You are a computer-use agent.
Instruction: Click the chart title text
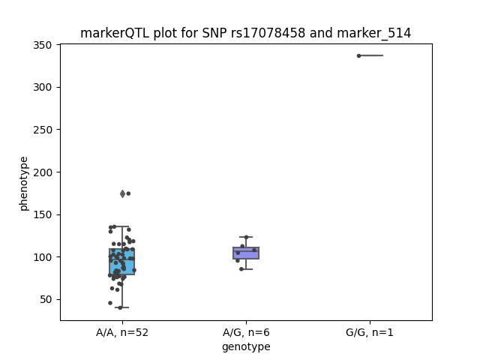coord(245,33)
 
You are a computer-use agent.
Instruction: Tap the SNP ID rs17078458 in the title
coord(268,33)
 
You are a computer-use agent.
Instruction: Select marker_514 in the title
coord(373,33)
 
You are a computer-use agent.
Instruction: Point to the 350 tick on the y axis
coord(43,45)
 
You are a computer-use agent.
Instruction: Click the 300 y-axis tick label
coord(43,88)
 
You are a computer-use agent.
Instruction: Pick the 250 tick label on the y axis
coord(43,130)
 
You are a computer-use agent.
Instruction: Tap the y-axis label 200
coord(43,172)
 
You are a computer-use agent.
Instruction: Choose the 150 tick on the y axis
coord(43,215)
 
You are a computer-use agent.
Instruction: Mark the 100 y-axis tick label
coord(43,257)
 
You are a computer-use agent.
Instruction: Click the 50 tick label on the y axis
coord(46,300)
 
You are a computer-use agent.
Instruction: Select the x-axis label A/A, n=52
coord(122,332)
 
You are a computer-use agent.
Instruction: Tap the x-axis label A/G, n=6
coord(246,332)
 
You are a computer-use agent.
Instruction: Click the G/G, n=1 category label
coord(370,332)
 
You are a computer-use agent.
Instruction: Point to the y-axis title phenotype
coord(23,184)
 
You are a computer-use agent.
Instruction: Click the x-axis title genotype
coord(246,346)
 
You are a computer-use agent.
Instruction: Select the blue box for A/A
coord(122,262)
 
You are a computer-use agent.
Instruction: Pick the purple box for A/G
coord(246,253)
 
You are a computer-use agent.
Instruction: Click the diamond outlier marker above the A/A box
coord(123,193)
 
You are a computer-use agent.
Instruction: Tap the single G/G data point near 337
coord(358,55)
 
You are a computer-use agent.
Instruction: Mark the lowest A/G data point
coord(241,269)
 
